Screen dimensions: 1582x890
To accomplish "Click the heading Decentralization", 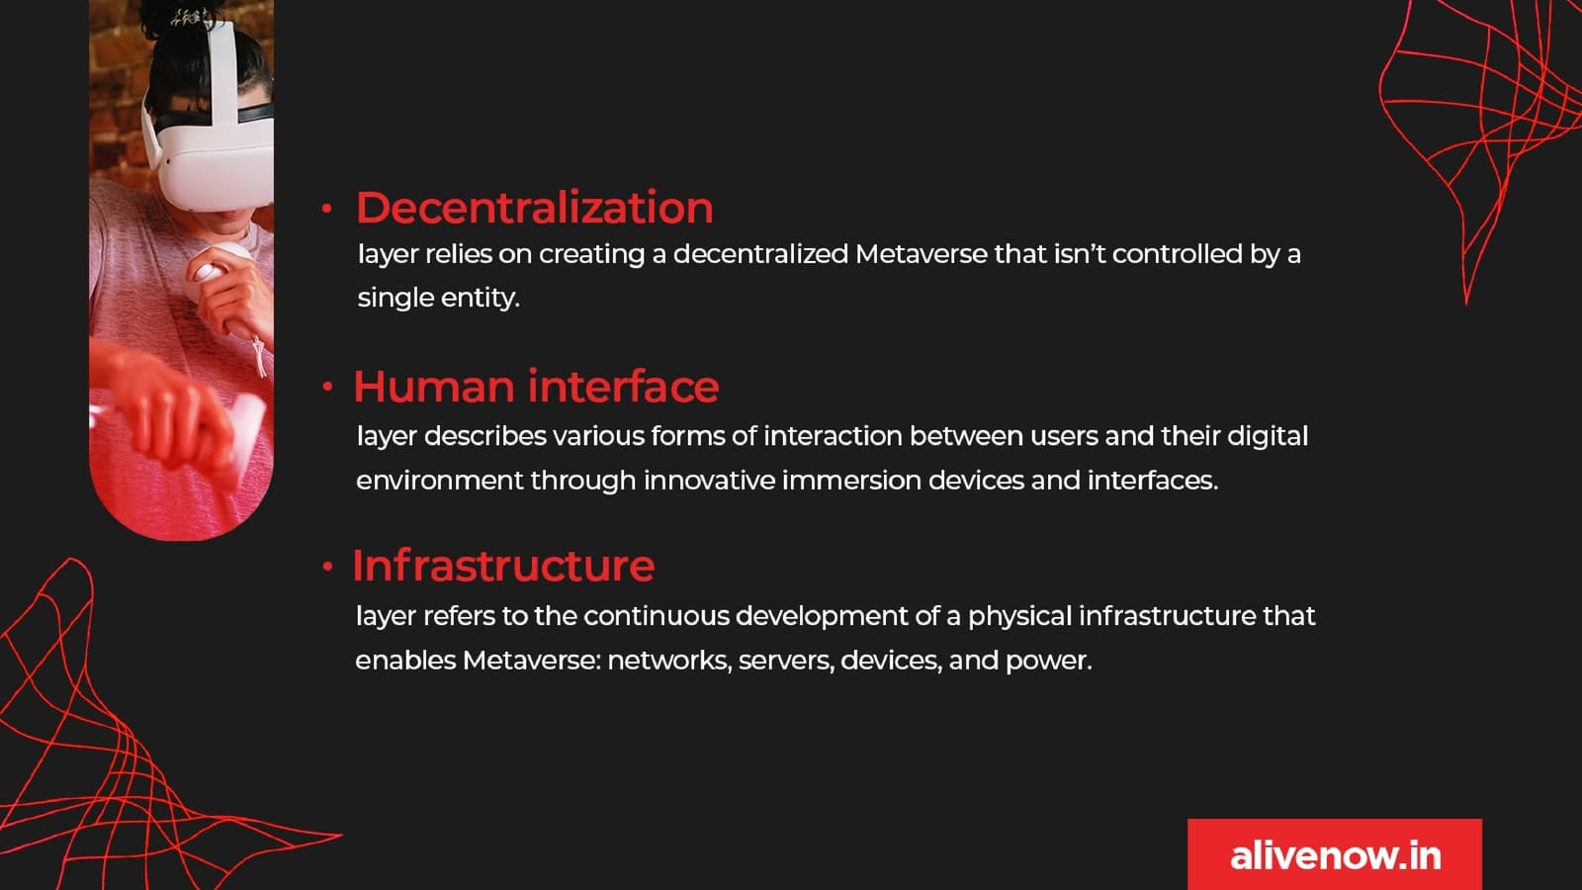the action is [535, 208].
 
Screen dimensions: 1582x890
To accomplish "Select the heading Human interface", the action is [536, 387].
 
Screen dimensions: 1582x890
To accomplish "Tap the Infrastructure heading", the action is [503, 566].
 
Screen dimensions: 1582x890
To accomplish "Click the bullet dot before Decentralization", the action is [326, 209].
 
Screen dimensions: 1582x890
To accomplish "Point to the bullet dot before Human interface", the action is [327, 387].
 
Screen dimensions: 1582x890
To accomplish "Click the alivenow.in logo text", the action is [1336, 856].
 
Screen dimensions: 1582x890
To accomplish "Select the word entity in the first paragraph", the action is [480, 299].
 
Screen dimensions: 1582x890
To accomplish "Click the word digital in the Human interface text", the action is [1268, 437].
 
